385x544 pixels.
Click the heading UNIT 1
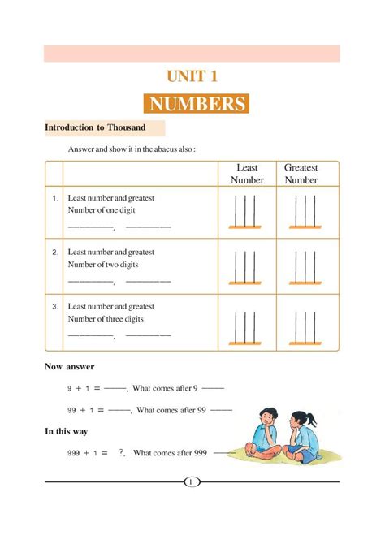coord(192,77)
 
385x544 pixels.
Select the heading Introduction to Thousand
coord(95,127)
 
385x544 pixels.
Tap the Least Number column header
coord(247,174)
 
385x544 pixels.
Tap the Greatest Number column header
coord(301,174)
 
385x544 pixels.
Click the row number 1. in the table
coord(54,197)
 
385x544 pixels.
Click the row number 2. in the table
coord(54,252)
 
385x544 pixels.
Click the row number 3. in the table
coord(54,307)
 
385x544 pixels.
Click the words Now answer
coord(69,367)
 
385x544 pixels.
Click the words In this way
coord(66,431)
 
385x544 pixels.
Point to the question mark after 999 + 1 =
coord(121,452)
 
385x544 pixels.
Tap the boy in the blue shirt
coord(266,434)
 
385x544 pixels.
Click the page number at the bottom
coord(192,482)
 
